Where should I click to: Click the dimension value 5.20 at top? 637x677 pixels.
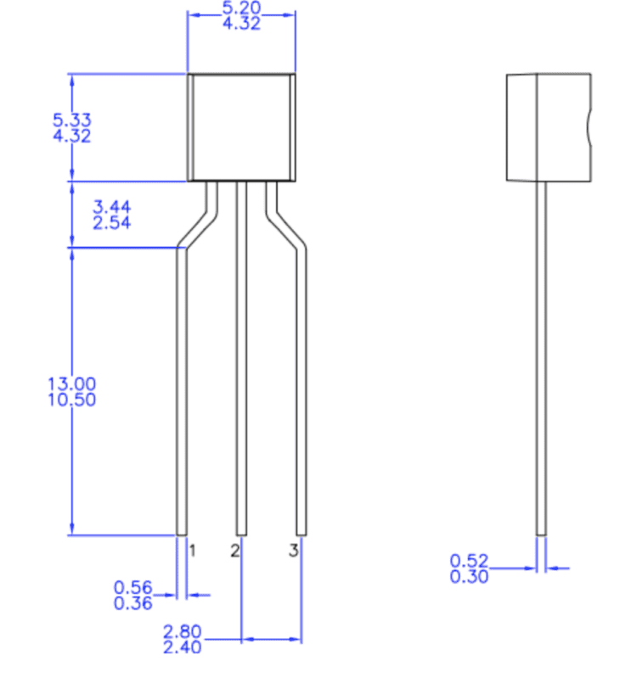241,8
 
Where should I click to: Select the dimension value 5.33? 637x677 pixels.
72,120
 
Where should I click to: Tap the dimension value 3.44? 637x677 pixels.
111,207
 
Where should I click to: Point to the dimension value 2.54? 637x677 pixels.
111,223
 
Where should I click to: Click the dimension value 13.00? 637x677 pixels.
72,383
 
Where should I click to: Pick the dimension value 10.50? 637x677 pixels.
72,400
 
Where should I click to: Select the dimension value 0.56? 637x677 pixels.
132,587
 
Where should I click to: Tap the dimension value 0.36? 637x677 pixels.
132,603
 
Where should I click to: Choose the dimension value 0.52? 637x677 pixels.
470,561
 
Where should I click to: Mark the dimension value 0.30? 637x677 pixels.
470,577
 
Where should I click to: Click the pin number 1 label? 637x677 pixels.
193,551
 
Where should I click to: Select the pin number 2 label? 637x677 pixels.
234,551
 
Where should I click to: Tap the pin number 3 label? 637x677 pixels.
293,551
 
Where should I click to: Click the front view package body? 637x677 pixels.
241,127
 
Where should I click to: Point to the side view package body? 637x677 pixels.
548,127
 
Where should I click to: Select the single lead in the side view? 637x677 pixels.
541,356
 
